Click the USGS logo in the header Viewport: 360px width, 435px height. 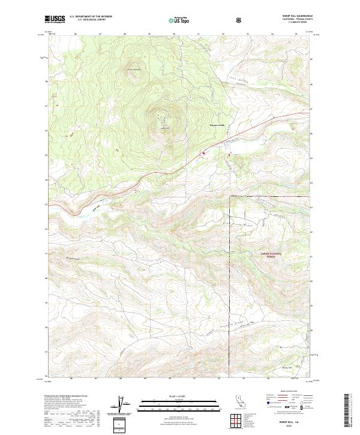tap(55, 19)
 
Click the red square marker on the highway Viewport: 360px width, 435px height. tap(203, 153)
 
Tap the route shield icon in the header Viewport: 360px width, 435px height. tap(240, 20)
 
